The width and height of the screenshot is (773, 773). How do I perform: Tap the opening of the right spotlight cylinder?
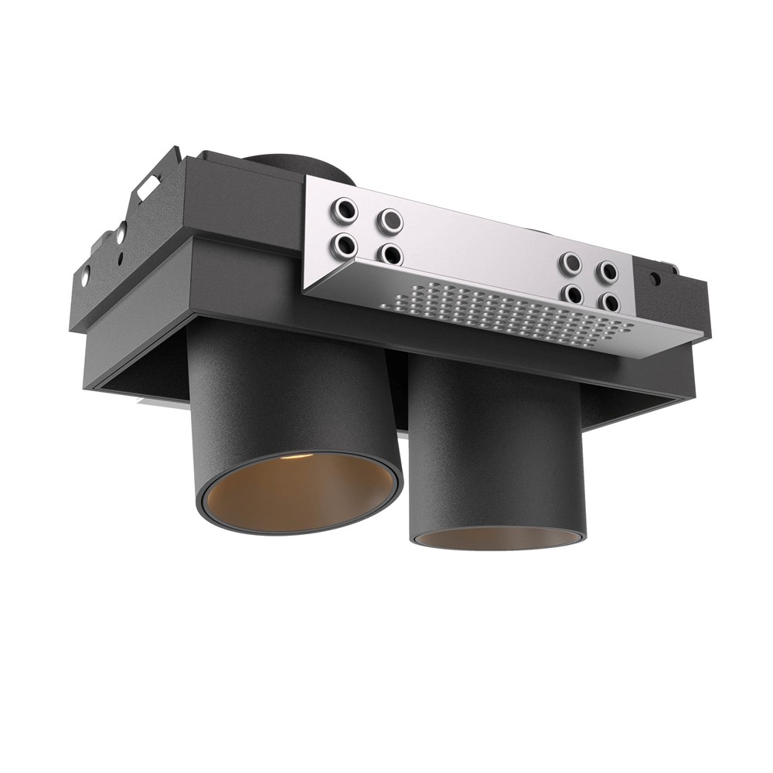click(497, 538)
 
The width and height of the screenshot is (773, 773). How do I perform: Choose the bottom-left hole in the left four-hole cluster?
click(343, 246)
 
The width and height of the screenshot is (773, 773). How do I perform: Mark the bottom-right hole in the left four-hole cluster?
click(390, 254)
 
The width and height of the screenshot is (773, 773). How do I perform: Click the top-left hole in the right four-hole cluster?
click(571, 264)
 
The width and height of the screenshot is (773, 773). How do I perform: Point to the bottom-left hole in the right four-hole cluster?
click(572, 295)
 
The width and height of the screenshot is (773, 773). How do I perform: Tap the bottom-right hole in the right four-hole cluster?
click(608, 302)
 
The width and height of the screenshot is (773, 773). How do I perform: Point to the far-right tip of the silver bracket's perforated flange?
click(702, 337)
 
